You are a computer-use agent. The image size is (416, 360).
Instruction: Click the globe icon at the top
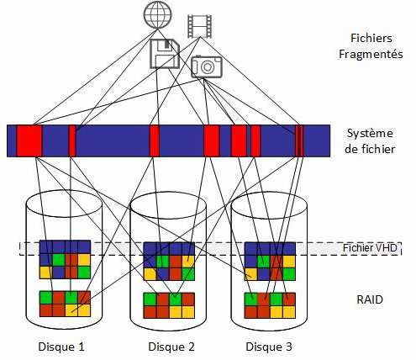[x=158, y=14]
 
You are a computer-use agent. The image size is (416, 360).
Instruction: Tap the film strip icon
[x=199, y=26]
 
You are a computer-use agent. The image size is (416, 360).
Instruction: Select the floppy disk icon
[x=165, y=54]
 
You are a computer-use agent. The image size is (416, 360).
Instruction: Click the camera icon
[x=207, y=66]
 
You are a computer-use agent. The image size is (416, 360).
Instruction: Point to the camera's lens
[x=208, y=66]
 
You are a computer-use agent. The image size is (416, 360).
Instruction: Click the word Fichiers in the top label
[x=371, y=38]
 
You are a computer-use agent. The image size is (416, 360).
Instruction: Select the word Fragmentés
[x=371, y=54]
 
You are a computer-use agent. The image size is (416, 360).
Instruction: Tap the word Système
[x=370, y=133]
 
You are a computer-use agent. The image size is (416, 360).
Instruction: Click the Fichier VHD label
[x=370, y=248]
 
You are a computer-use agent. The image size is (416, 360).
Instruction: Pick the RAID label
[x=370, y=299]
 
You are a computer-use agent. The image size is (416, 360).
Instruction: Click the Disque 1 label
[x=61, y=347]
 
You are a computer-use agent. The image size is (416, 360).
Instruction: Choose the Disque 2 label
[x=171, y=347]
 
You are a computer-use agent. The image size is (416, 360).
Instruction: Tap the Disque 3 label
[x=269, y=347]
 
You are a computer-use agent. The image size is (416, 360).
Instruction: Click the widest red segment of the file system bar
[x=29, y=140]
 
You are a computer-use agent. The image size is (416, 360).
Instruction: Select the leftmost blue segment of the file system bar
[x=12, y=140]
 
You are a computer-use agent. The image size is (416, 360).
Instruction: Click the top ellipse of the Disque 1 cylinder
[x=64, y=204]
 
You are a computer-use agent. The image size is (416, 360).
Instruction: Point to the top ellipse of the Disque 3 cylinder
[x=269, y=205]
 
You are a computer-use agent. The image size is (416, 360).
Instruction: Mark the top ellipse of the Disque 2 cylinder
[x=168, y=205]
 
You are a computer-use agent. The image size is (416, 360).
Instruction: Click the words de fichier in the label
[x=370, y=149]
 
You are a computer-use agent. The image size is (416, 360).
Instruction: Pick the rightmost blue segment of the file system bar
[x=317, y=140]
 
